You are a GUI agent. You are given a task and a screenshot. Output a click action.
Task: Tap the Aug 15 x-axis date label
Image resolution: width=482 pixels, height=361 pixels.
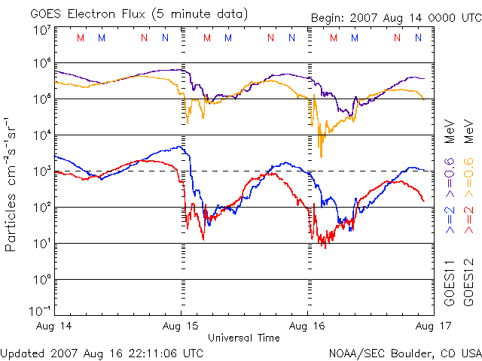click(182, 325)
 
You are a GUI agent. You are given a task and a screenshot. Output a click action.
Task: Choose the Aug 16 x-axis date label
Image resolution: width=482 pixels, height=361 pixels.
click(308, 325)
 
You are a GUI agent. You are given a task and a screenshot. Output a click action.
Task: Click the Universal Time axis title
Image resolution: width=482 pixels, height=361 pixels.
click(244, 338)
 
